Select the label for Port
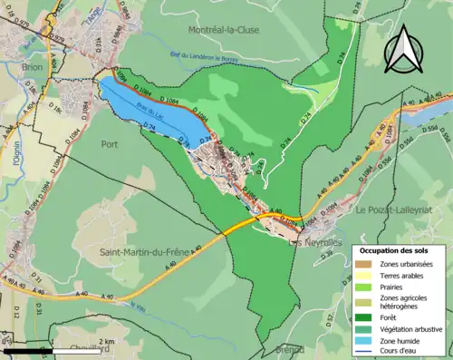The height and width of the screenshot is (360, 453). [x=110, y=144]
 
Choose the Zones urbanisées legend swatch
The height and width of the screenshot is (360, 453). [x=368, y=264]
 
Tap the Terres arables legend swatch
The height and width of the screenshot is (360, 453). [x=368, y=276]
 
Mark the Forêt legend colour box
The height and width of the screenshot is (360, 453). [x=368, y=316]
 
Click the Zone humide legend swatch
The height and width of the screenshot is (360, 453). [x=368, y=341]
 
